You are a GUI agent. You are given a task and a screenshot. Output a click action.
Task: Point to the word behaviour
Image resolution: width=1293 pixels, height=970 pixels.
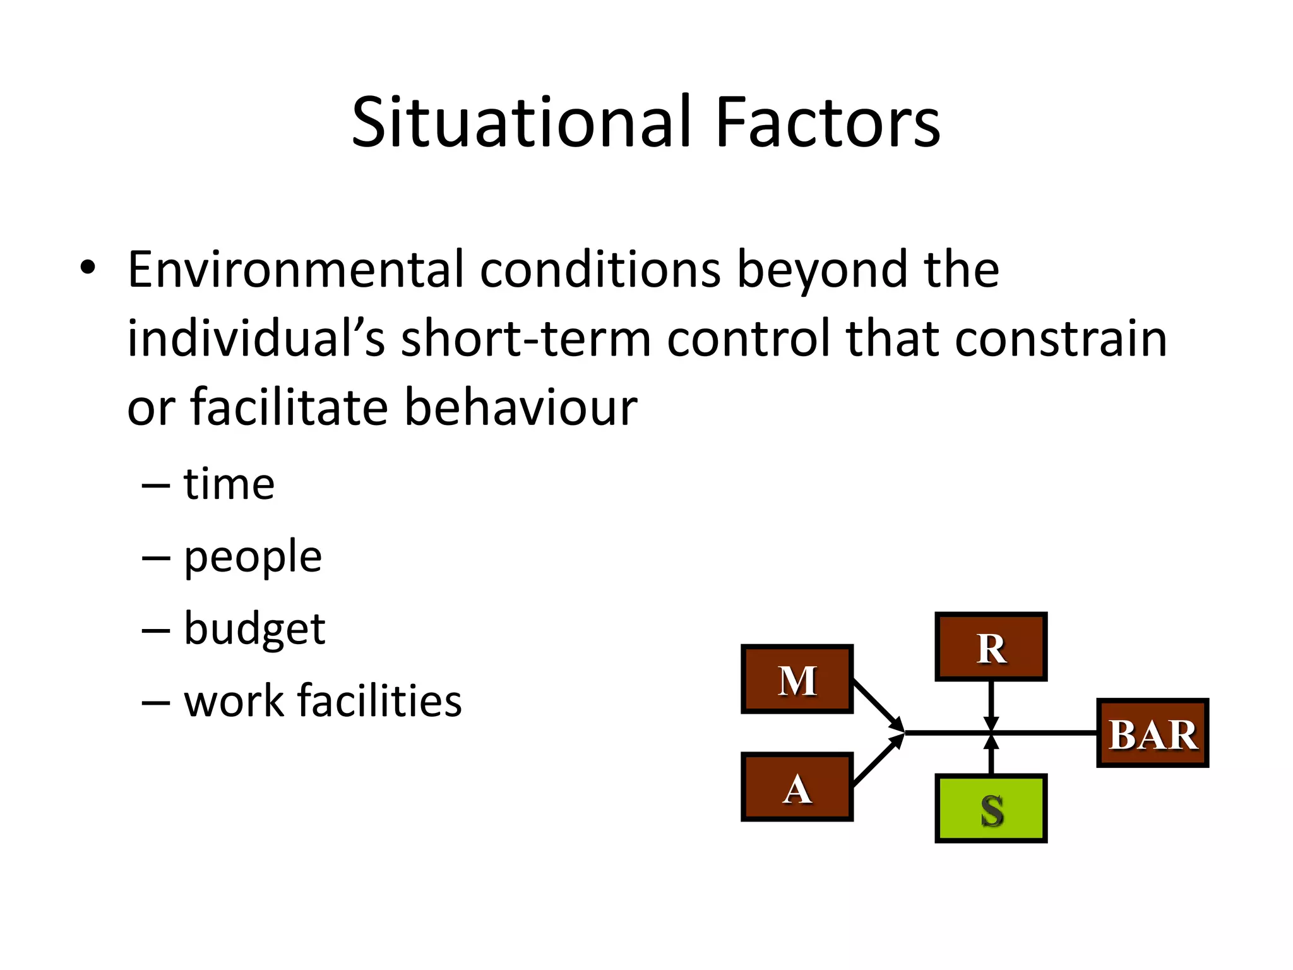tap(520, 407)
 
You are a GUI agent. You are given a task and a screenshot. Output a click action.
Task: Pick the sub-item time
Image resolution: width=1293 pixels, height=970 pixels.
tap(229, 484)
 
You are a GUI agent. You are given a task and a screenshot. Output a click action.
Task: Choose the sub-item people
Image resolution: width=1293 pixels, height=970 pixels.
tap(253, 557)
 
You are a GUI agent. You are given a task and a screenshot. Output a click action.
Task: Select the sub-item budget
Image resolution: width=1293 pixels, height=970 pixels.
tap(254, 629)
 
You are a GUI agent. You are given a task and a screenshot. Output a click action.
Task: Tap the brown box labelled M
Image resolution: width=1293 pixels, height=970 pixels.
tap(797, 680)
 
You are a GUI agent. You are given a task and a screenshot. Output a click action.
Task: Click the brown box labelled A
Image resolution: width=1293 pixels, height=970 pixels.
tap(797, 787)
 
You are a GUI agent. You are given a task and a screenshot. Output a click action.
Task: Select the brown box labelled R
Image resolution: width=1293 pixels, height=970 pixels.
tap(991, 647)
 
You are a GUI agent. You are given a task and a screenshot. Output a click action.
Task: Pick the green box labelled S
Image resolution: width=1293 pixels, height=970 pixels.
tap(991, 809)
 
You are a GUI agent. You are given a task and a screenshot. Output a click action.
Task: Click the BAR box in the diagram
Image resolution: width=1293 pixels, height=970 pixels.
tap(1152, 733)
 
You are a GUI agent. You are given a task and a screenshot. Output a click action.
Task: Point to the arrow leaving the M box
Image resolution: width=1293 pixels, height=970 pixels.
tap(878, 704)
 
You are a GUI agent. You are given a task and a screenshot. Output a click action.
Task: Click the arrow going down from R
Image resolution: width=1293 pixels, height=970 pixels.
tap(991, 704)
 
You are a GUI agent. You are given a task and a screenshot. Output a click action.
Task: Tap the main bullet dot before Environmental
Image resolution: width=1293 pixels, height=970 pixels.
tap(88, 268)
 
